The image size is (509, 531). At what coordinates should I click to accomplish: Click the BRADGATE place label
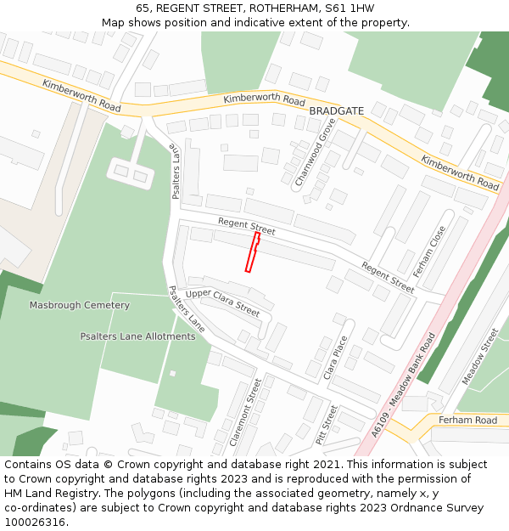336,111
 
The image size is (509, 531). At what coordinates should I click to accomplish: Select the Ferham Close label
429,251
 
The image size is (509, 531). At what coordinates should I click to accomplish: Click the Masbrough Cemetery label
80,305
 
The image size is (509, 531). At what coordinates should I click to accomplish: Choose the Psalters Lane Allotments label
137,336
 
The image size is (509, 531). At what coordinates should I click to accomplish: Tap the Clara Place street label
336,356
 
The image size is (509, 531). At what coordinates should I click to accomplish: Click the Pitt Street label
327,425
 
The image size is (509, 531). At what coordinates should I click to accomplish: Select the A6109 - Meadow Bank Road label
403,384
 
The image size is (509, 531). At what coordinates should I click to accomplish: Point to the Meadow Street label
480,357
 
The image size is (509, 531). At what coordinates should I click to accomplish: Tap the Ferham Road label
467,421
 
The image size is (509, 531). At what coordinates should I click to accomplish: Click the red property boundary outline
252,252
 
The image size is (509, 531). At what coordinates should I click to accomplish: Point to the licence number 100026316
36,523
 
